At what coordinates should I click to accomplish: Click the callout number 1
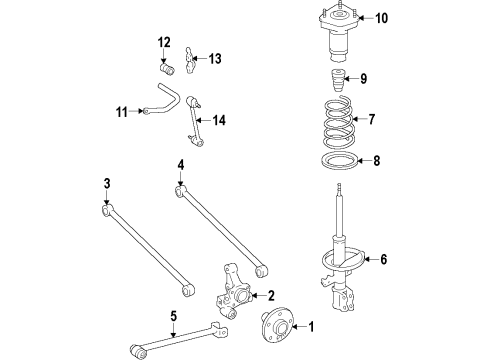coord(310,326)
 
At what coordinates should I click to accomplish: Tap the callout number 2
coord(270,296)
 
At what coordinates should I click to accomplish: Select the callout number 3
coord(106,183)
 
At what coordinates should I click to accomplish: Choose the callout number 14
coord(219,121)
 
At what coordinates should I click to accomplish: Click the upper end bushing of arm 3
coord(107,210)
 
